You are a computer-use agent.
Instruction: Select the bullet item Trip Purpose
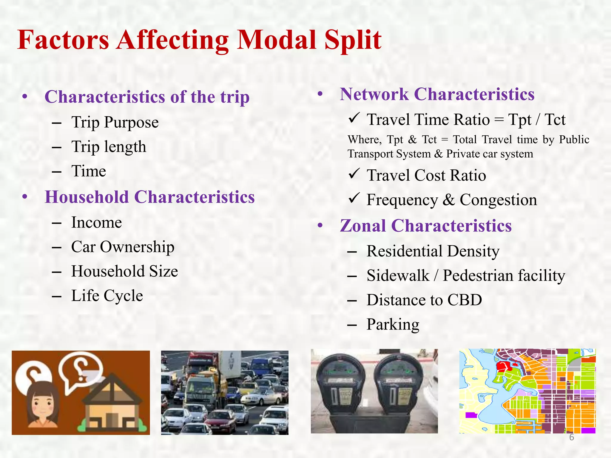pyautogui.click(x=115, y=122)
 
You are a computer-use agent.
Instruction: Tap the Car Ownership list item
pyautogui.click(x=123, y=247)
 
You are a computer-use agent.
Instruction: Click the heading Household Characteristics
pyautogui.click(x=149, y=197)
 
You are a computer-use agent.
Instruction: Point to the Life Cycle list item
pyautogui.click(x=107, y=296)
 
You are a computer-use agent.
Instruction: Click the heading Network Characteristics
pyautogui.click(x=437, y=95)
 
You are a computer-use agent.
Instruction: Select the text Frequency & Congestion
pyautogui.click(x=452, y=200)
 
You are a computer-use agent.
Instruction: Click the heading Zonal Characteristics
pyautogui.click(x=426, y=226)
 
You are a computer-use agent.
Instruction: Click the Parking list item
pyautogui.click(x=393, y=324)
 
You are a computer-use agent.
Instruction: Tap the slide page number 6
pyautogui.click(x=571, y=437)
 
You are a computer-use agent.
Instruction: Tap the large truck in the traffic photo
pyautogui.click(x=203, y=385)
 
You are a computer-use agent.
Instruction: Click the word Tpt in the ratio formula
pyautogui.click(x=520, y=120)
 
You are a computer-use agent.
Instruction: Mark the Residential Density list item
pyautogui.click(x=433, y=251)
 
